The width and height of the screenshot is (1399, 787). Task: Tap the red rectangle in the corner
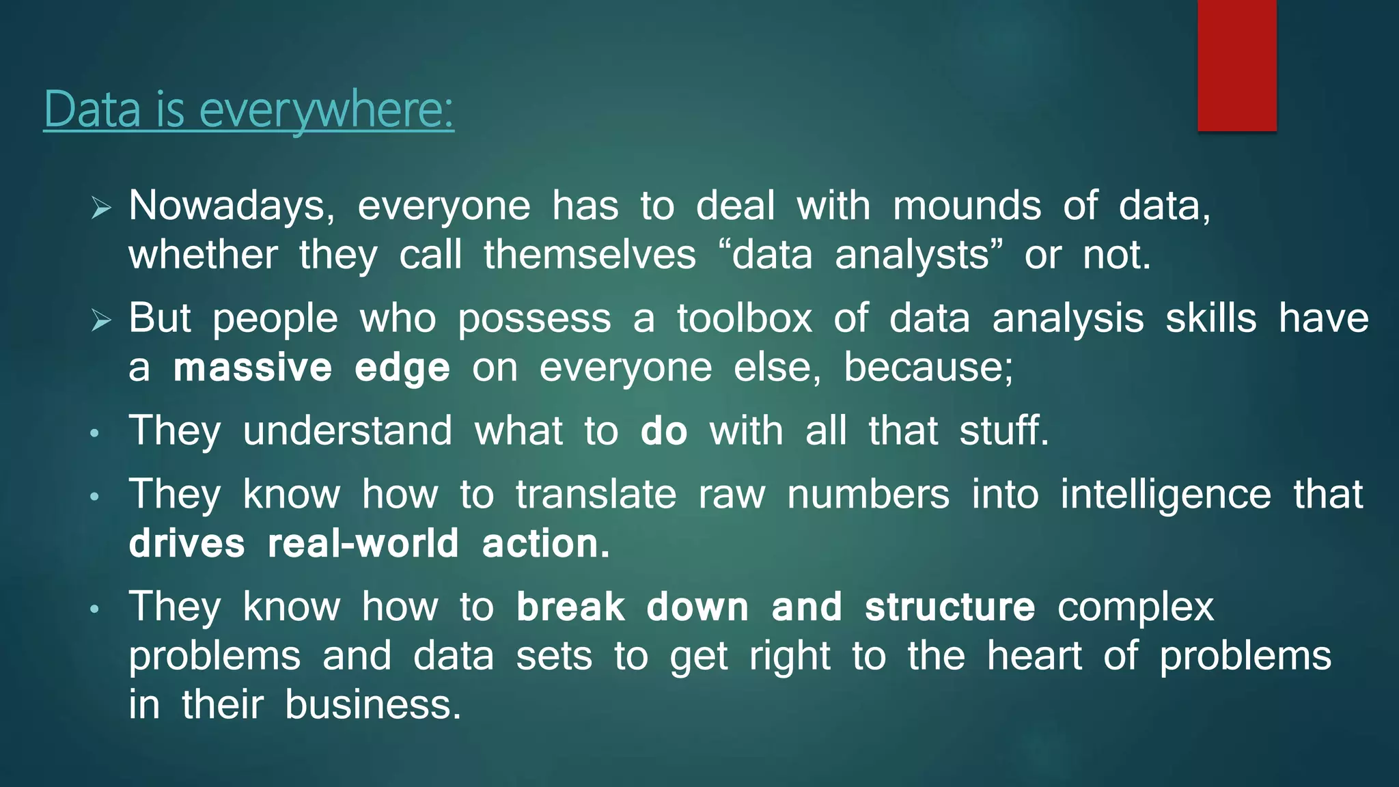click(1236, 65)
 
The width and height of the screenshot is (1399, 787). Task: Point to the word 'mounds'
click(967, 206)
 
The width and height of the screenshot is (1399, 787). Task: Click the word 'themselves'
click(590, 255)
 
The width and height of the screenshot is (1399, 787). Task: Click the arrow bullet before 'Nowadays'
click(101, 207)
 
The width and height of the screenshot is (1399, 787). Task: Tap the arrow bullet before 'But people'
click(101, 319)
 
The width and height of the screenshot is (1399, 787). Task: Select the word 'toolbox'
click(745, 318)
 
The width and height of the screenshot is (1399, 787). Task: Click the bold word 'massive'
click(253, 368)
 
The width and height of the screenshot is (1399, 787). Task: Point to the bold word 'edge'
click(402, 369)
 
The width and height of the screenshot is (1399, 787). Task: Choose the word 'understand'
click(348, 431)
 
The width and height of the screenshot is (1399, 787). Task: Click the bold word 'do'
click(663, 431)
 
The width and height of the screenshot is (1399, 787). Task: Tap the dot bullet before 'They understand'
click(95, 433)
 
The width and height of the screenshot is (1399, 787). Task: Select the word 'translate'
click(596, 494)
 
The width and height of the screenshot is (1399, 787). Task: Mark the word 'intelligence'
click(1165, 495)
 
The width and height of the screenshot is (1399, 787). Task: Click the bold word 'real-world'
click(363, 544)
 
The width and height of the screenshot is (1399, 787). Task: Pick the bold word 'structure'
click(950, 607)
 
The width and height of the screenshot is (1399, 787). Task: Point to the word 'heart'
click(1034, 656)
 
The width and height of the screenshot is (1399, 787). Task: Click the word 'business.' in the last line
click(373, 704)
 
